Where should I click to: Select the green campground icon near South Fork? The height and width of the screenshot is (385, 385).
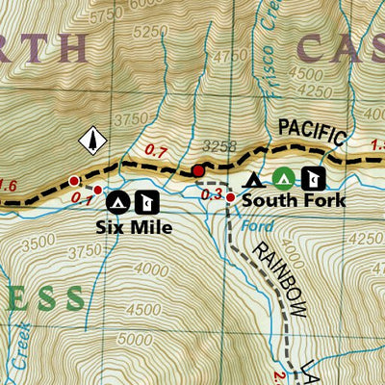click(283, 178)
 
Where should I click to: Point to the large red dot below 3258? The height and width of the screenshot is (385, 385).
click(198, 171)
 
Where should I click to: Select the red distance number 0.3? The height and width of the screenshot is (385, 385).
click(213, 195)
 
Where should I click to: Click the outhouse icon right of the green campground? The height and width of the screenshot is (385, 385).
click(311, 178)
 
